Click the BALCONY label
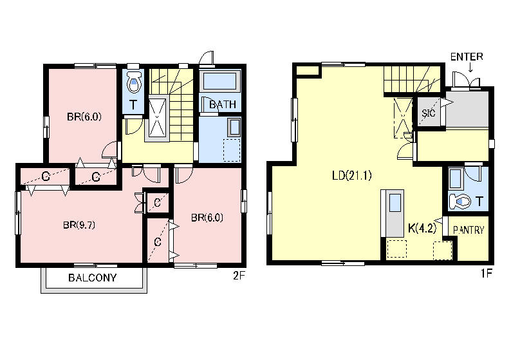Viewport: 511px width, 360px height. click(x=93, y=278)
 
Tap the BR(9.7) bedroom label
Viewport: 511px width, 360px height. click(x=79, y=225)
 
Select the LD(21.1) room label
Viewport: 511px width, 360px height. click(x=352, y=176)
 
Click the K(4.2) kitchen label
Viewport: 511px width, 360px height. click(x=422, y=228)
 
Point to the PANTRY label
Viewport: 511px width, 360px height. click(x=469, y=230)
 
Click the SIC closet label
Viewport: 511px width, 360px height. click(x=429, y=113)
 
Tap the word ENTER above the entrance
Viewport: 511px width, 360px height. click(x=467, y=57)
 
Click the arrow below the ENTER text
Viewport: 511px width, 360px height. click(x=470, y=67)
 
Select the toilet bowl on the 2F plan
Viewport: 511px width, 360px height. click(x=135, y=82)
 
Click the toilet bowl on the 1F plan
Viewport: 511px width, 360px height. click(x=460, y=202)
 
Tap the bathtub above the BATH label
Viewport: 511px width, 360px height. click(x=219, y=82)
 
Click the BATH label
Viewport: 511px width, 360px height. click(x=223, y=104)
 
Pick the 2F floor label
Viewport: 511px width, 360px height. click(x=239, y=276)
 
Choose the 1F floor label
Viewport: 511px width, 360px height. click(x=487, y=273)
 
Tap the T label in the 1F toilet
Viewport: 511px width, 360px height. click(x=479, y=202)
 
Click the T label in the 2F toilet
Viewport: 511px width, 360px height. click(x=133, y=105)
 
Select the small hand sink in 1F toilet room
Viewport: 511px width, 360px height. click(x=455, y=178)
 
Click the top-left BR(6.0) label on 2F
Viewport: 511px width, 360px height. click(x=84, y=117)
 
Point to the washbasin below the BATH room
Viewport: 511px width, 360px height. click(x=234, y=128)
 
